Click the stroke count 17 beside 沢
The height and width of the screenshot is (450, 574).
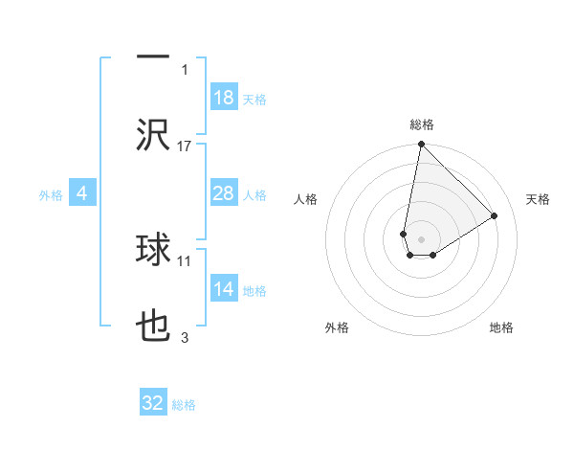pyautogui.click(x=185, y=146)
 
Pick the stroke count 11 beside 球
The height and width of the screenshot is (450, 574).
pyautogui.click(x=185, y=259)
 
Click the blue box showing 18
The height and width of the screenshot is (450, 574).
pyautogui.click(x=223, y=98)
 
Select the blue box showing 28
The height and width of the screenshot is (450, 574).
pyautogui.click(x=223, y=193)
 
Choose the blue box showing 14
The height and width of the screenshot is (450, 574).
pyautogui.click(x=223, y=289)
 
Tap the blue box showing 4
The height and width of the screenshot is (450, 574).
pyautogui.click(x=82, y=193)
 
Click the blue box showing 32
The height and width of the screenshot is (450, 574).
pyautogui.click(x=153, y=403)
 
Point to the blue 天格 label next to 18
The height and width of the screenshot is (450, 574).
pyautogui.click(x=254, y=99)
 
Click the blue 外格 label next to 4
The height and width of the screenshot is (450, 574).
pyautogui.click(x=51, y=194)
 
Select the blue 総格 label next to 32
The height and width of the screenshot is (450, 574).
pyautogui.click(x=184, y=405)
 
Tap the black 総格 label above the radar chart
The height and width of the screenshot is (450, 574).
pyautogui.click(x=421, y=124)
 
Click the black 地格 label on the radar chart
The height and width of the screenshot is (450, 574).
pyautogui.click(x=501, y=327)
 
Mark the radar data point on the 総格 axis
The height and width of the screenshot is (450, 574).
pyautogui.click(x=421, y=146)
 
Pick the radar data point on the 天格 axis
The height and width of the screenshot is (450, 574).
pyautogui.click(x=495, y=215)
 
